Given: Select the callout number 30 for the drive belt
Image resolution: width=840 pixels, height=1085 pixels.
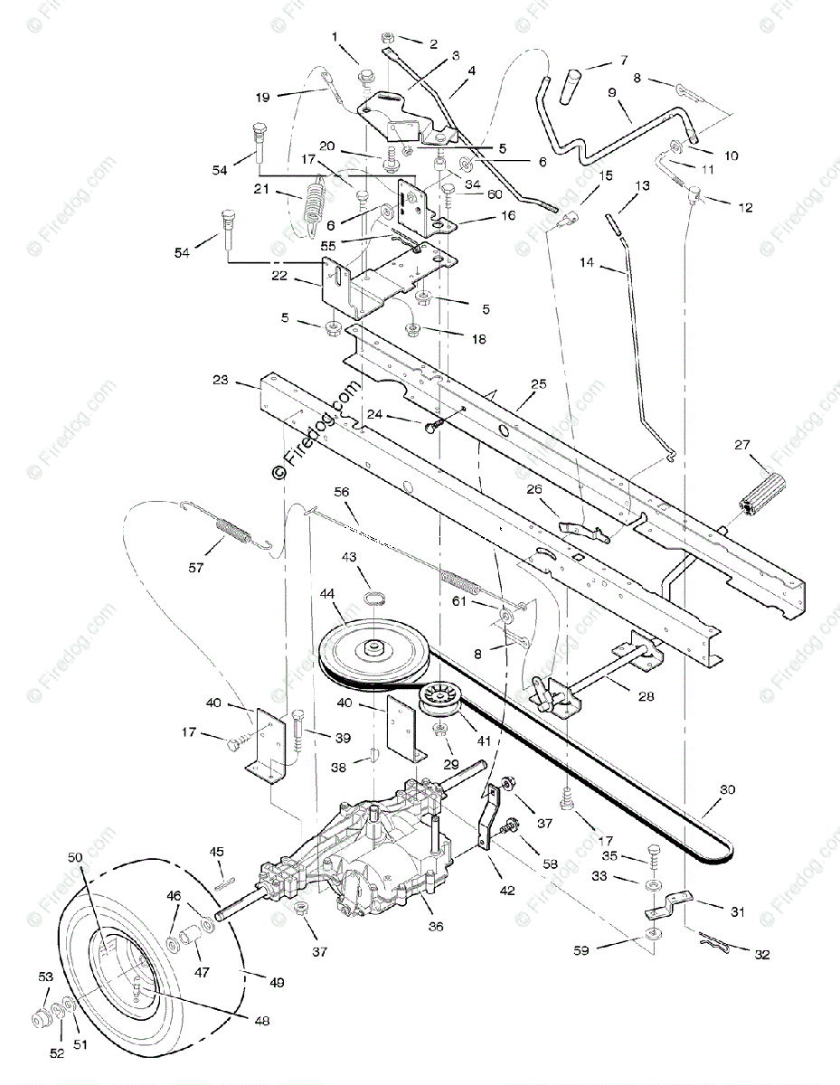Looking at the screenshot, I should pos(728,789).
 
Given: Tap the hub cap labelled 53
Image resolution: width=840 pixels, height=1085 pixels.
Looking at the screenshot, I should pos(42,1019).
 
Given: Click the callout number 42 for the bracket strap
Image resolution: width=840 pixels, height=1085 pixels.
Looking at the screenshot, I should pos(506,890).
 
